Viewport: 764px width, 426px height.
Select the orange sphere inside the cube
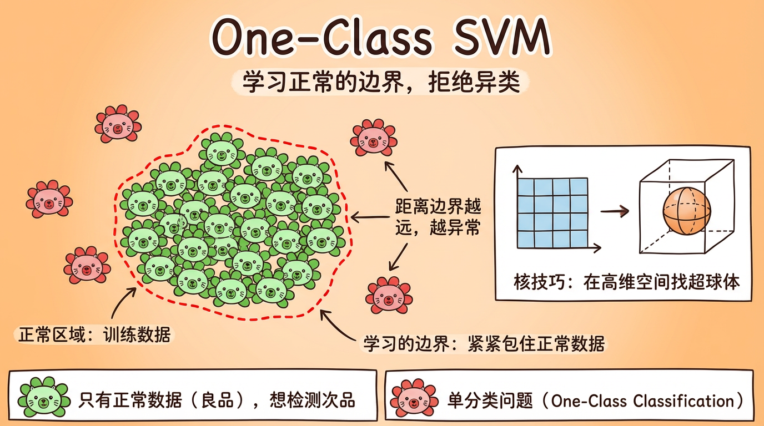pos(687,211)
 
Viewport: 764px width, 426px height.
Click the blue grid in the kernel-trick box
pos(552,212)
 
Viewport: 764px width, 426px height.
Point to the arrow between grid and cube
pos(615,211)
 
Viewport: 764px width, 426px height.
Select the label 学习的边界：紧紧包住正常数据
pos(484,344)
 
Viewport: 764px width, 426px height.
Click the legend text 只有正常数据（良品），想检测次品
pos(217,400)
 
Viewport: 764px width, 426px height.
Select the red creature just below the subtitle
pos(374,137)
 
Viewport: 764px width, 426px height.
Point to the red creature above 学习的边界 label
pos(389,295)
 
